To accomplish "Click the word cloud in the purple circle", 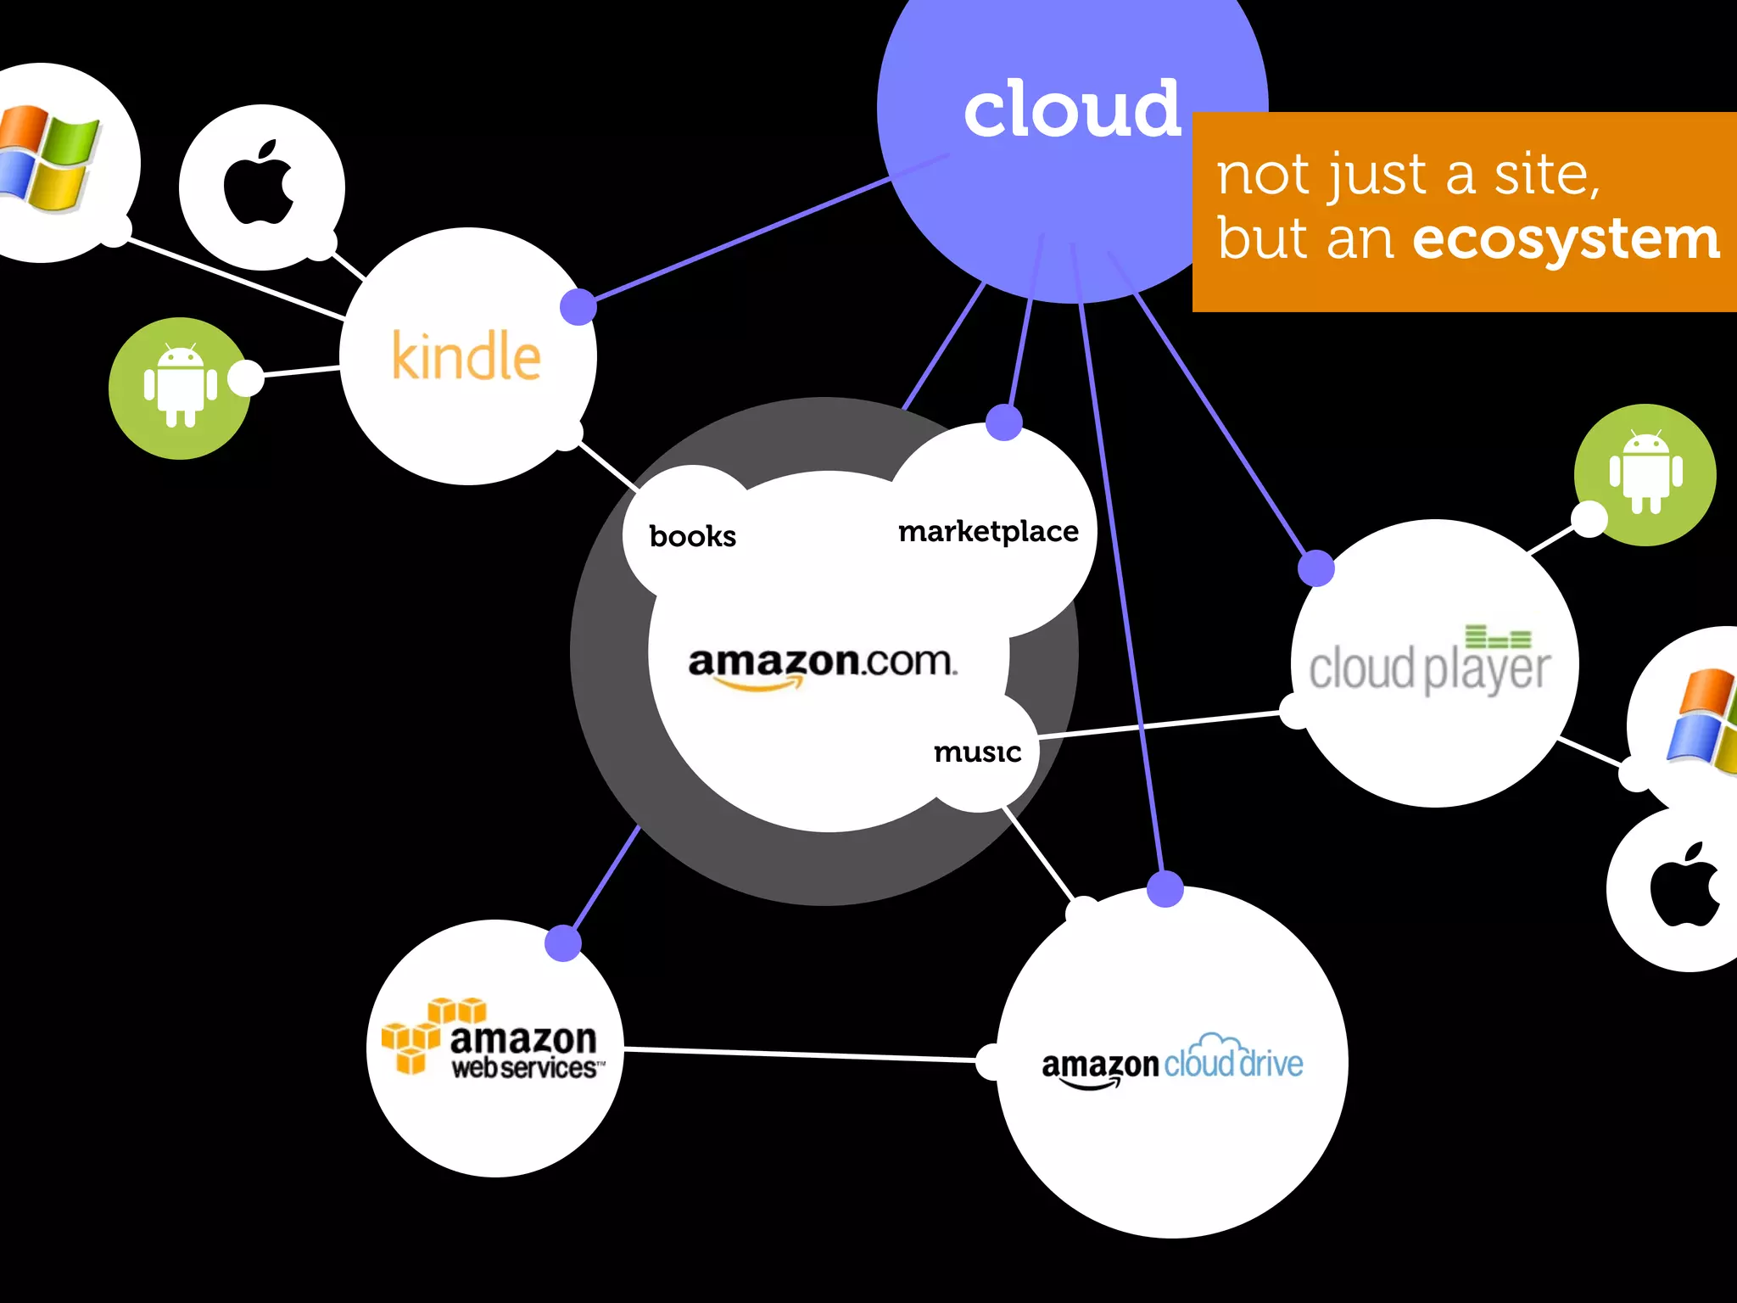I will [x=1072, y=110].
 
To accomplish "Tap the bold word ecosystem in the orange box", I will [x=1566, y=239].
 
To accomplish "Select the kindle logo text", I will [x=466, y=356].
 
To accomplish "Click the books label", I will [x=692, y=536].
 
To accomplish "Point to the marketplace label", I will [x=988, y=532].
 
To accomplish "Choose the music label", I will [x=977, y=752].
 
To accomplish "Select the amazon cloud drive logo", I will [x=1172, y=1064].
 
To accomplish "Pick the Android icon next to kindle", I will [x=180, y=388].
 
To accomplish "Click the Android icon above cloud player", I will [x=1646, y=474].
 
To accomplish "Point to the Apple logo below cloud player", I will [x=1684, y=886].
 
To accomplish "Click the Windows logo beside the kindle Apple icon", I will [x=47, y=159].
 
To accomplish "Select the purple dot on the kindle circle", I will [x=578, y=306].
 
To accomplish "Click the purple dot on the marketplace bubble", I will [x=1004, y=422].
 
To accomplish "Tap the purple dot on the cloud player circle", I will [x=1316, y=568].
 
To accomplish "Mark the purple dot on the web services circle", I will [x=562, y=942].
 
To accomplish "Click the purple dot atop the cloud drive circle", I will [x=1165, y=888].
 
